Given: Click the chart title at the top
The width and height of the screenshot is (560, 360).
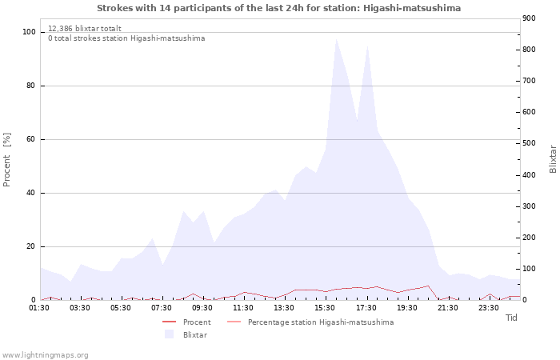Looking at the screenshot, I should [x=278, y=8].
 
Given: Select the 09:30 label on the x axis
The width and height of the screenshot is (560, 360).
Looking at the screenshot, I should [x=202, y=307].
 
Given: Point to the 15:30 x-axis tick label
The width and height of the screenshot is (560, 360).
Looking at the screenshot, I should [x=325, y=307].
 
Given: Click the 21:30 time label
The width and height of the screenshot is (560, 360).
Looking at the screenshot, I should [x=447, y=307].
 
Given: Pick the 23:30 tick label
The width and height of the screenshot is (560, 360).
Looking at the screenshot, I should [x=488, y=307].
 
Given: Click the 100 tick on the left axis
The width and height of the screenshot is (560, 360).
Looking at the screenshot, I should [x=29, y=32].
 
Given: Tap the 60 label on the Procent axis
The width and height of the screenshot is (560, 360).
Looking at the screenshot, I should [x=31, y=139].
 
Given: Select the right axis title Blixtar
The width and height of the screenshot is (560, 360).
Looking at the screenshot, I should [x=553, y=158].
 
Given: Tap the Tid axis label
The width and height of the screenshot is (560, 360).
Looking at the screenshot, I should [x=512, y=318].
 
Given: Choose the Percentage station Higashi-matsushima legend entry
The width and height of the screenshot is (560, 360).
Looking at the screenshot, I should [x=320, y=322].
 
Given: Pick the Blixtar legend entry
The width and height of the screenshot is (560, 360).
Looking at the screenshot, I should [x=194, y=334].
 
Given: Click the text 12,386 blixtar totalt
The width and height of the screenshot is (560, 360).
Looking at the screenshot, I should [x=85, y=28].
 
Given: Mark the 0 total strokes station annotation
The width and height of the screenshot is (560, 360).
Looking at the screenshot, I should [x=126, y=38].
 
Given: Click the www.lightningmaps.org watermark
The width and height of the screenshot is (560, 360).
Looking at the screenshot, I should [x=45, y=354].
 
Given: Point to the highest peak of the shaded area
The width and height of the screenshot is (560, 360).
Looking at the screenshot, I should [x=336, y=39].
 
